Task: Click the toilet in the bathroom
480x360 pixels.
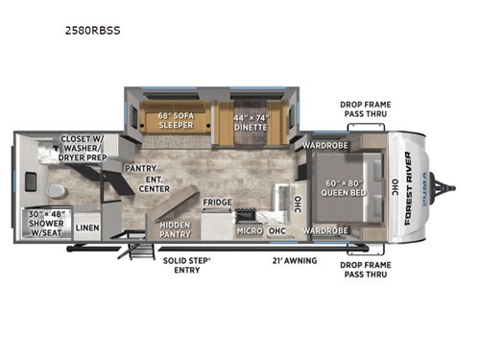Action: [x=55, y=186]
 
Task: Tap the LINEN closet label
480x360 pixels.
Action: [x=88, y=227]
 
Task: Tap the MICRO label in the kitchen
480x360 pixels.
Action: [x=250, y=231]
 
